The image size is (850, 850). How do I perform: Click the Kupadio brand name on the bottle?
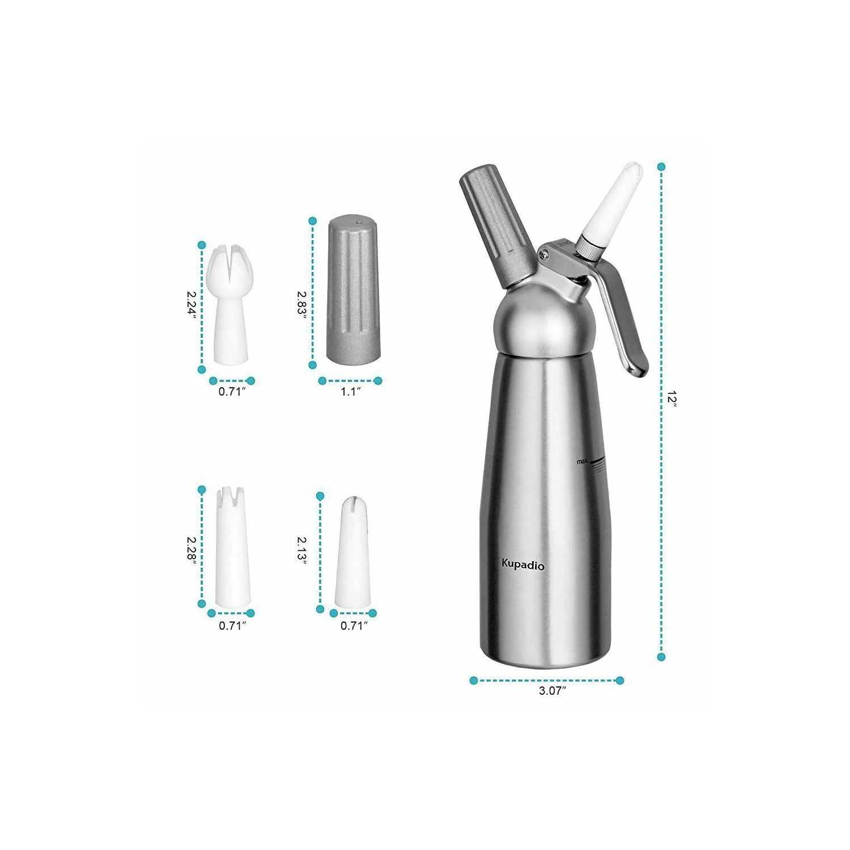pyautogui.click(x=522, y=565)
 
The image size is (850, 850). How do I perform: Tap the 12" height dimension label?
pyautogui.click(x=672, y=398)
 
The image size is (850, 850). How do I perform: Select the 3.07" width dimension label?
pyautogui.click(x=552, y=691)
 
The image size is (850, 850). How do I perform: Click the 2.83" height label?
pyautogui.click(x=302, y=305)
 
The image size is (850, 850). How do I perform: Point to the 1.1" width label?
pyautogui.click(x=350, y=391)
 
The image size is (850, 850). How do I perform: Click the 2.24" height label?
pyautogui.click(x=192, y=305)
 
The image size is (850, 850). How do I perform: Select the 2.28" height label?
pyautogui.click(x=192, y=550)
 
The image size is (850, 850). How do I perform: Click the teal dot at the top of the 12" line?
pyautogui.click(x=661, y=167)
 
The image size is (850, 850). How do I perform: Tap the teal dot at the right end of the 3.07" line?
pyautogui.click(x=619, y=680)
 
